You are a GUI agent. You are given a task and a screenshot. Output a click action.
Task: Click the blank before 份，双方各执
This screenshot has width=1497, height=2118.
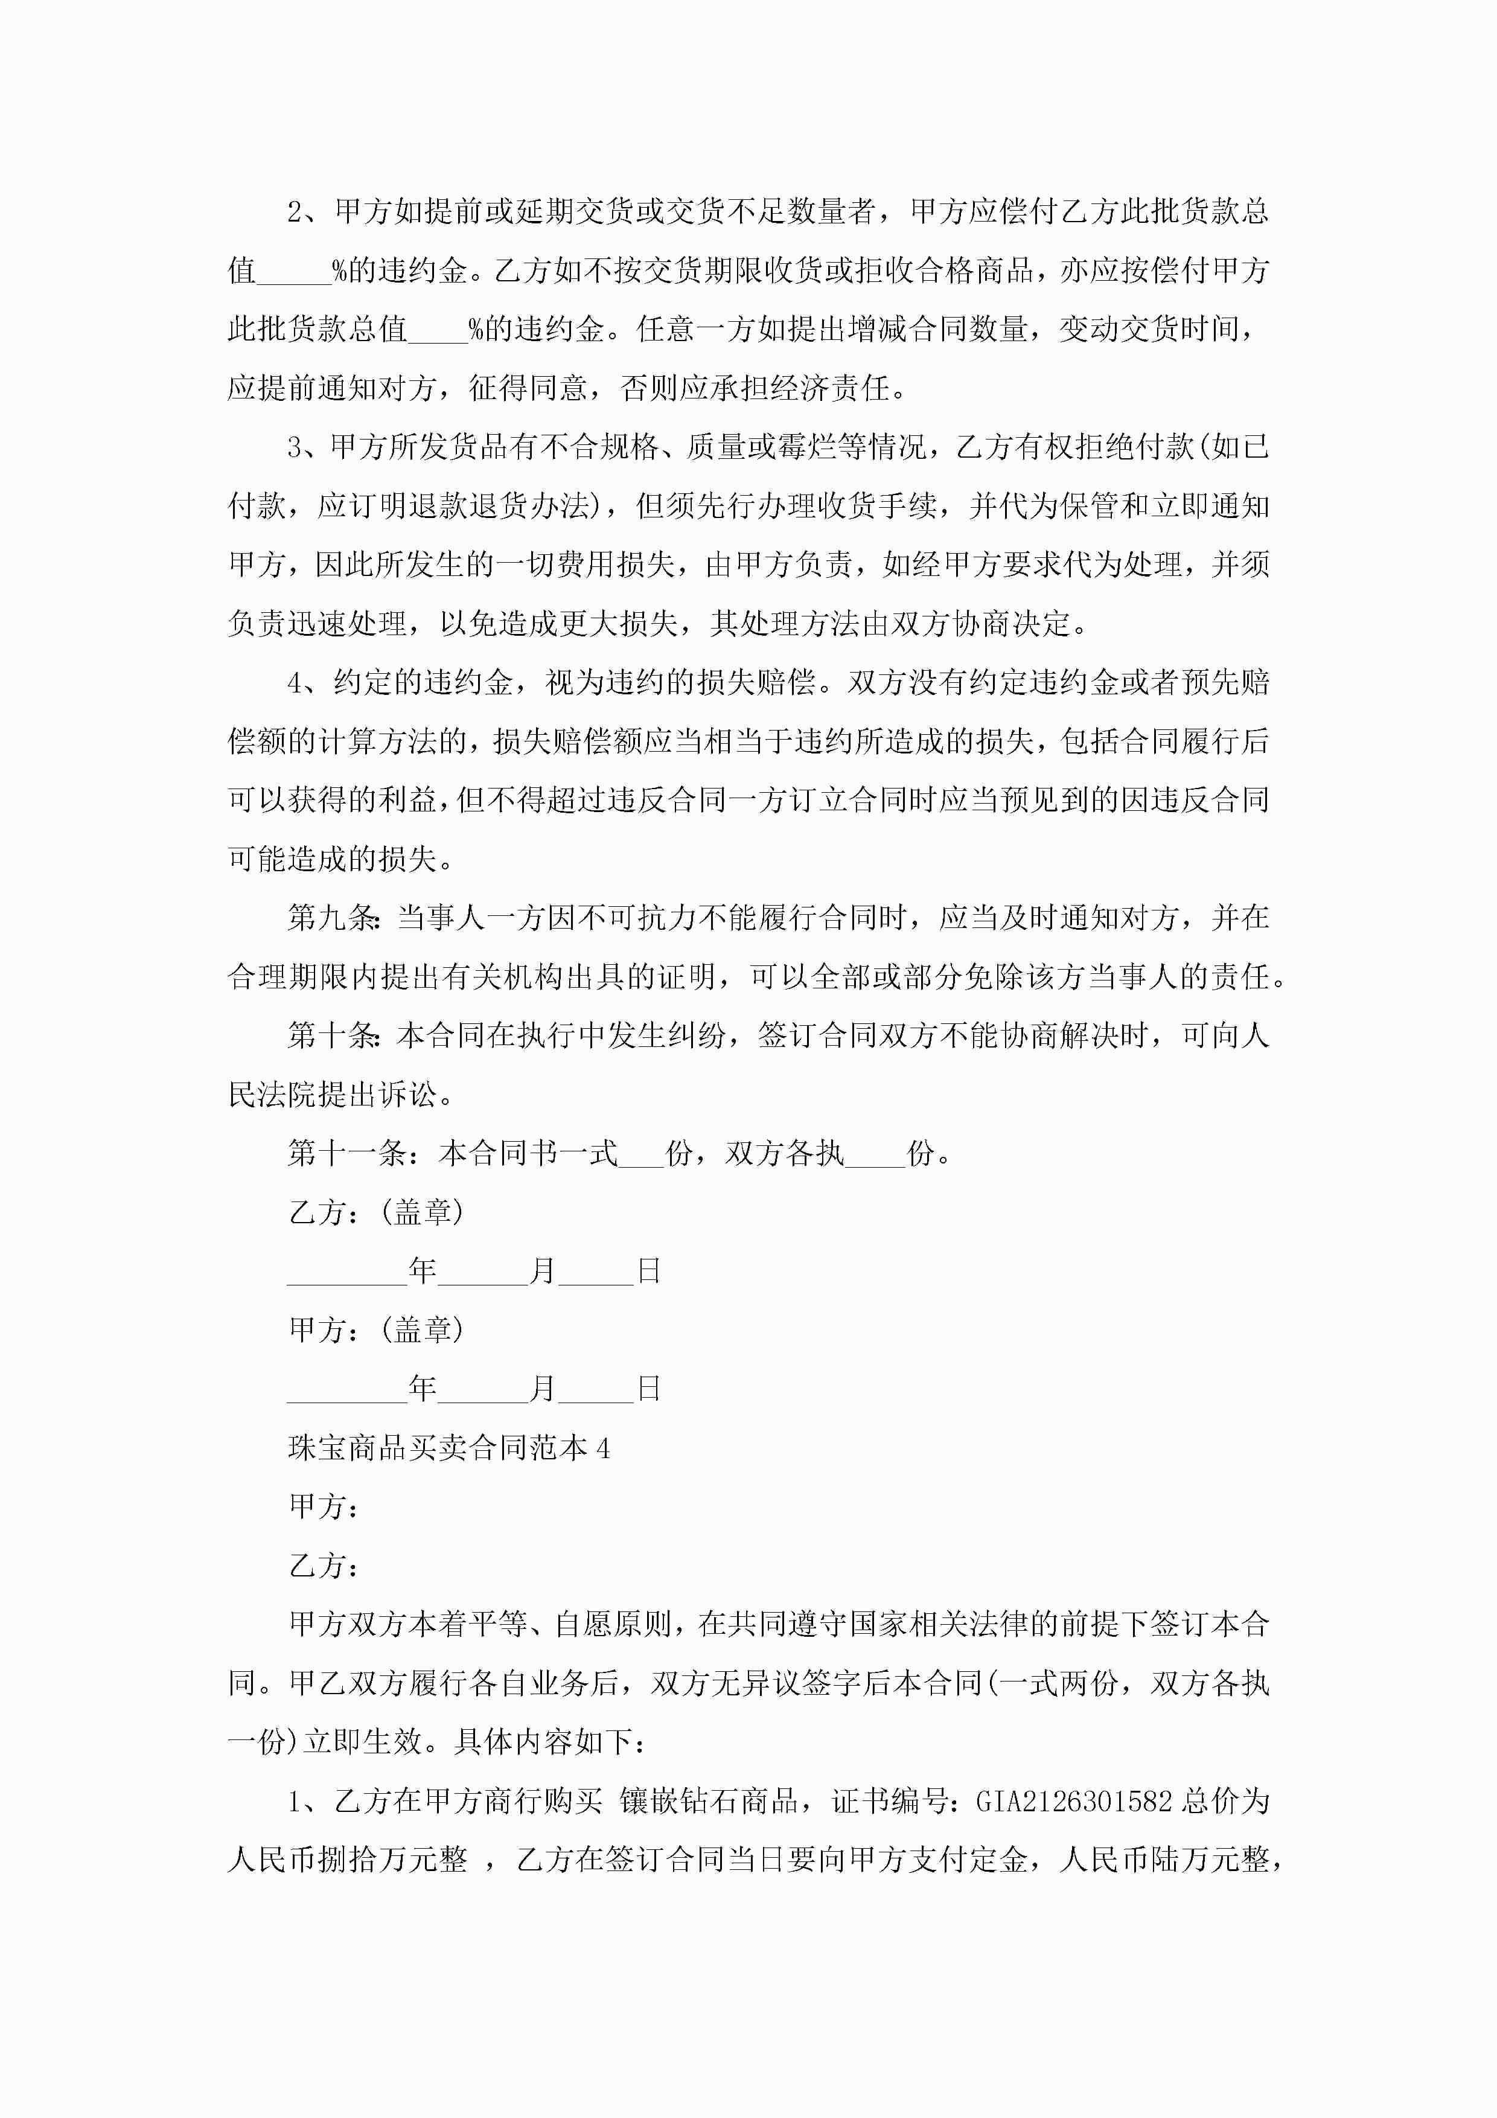point(641,1155)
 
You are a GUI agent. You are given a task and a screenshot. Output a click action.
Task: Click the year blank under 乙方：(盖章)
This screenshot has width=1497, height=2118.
point(347,1273)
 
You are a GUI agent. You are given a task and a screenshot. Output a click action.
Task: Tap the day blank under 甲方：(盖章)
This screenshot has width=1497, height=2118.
point(596,1390)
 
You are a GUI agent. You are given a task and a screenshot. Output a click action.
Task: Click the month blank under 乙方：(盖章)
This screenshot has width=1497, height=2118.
point(484,1273)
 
